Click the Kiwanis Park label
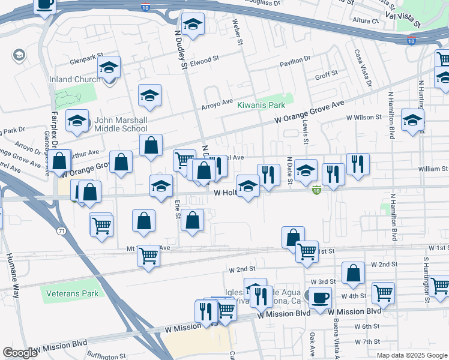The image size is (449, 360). [261, 104]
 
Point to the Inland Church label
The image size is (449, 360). [74, 79]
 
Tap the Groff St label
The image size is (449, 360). [327, 73]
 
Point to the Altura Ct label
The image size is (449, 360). [366, 20]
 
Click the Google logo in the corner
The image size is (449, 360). [20, 352]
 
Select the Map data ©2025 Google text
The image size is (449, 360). [412, 355]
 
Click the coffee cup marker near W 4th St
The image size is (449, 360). [320, 297]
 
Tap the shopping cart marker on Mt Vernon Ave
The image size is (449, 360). [148, 256]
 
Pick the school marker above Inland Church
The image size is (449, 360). [109, 67]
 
